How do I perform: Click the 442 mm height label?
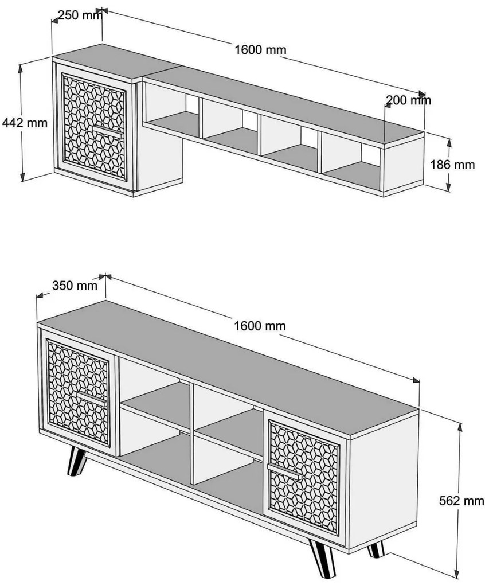click(x=24, y=122)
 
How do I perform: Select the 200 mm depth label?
click(x=408, y=100)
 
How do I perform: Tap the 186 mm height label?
click(x=452, y=165)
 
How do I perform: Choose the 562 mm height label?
click(x=460, y=501)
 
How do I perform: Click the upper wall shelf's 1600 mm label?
click(x=260, y=49)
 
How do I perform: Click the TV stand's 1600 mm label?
click(x=260, y=326)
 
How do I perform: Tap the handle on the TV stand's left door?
click(x=92, y=397)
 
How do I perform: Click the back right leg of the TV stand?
click(x=376, y=549)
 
